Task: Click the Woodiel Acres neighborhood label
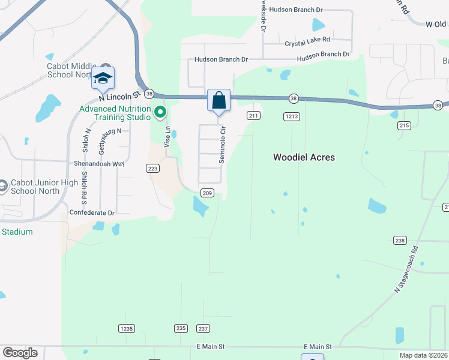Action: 304,157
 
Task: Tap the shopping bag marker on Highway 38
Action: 218,100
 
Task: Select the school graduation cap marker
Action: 103,79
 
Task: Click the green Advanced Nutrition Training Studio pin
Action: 160,112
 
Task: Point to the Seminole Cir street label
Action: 222,145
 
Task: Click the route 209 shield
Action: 207,193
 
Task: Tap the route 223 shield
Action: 152,169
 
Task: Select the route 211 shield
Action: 253,115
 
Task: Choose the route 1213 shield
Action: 292,116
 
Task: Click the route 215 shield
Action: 403,125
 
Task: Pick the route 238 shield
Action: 400,240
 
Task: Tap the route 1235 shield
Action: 126,328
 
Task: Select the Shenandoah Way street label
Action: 98,163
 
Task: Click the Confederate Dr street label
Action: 92,212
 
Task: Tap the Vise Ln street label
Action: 167,136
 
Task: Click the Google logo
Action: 20,353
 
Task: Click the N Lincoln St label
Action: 119,95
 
